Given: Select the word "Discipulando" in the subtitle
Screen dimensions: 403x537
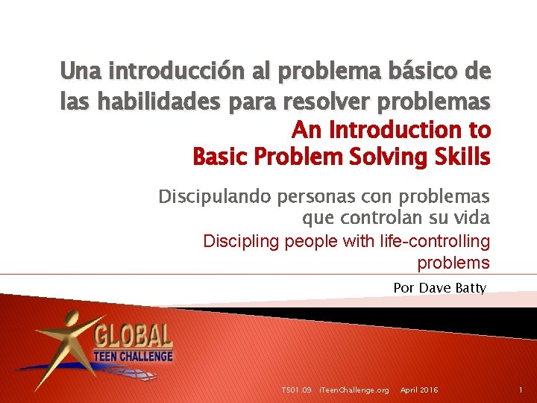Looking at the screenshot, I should [x=214, y=197].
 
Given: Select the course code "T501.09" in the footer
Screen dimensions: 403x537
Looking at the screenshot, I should [x=296, y=390].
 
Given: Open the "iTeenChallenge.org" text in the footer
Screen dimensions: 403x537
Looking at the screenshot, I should [x=354, y=390].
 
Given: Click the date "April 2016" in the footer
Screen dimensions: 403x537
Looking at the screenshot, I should [x=419, y=390].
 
